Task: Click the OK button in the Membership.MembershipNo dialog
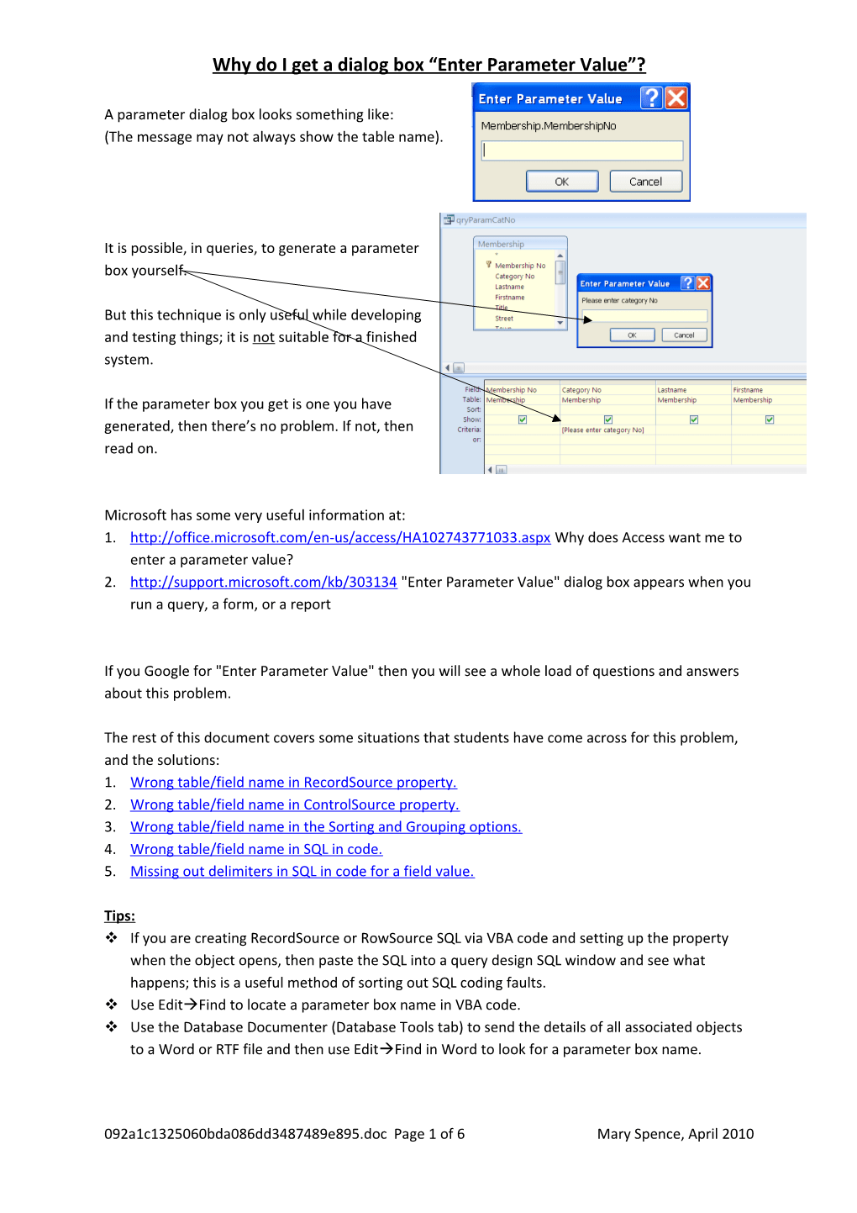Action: pyautogui.click(x=562, y=182)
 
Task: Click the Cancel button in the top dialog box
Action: pyautogui.click(x=645, y=182)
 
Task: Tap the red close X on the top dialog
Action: pyautogui.click(x=676, y=98)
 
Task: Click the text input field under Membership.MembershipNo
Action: pyautogui.click(x=581, y=150)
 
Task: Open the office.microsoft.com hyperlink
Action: pyautogui.click(x=340, y=538)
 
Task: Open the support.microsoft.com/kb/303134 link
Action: pyautogui.click(x=263, y=583)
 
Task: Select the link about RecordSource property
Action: pyautogui.click(x=293, y=783)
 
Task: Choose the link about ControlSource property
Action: pyautogui.click(x=294, y=805)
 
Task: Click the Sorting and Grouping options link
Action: pyautogui.click(x=326, y=827)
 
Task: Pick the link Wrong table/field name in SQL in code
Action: pyautogui.click(x=256, y=850)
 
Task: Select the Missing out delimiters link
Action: pyautogui.click(x=302, y=872)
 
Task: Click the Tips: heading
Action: pyautogui.click(x=119, y=916)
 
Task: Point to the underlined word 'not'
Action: pyautogui.click(x=264, y=338)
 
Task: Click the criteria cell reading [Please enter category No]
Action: pyautogui.click(x=603, y=430)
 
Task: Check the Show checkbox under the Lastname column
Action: pyautogui.click(x=694, y=419)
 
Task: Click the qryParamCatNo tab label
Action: pyautogui.click(x=486, y=220)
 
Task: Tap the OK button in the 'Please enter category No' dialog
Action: pyautogui.click(x=632, y=335)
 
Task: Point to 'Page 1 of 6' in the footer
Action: pyautogui.click(x=428, y=1134)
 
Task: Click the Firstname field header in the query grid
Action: pyautogui.click(x=748, y=390)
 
